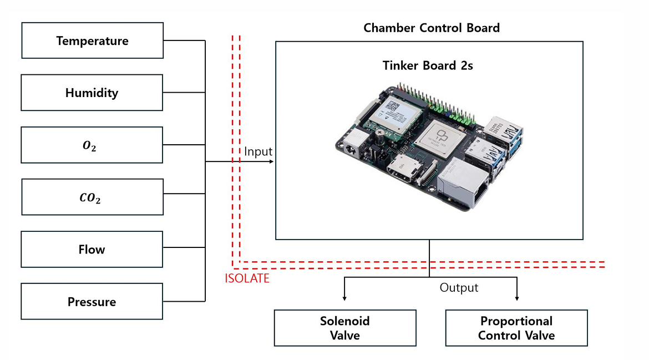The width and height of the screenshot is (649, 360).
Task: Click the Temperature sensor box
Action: (x=93, y=40)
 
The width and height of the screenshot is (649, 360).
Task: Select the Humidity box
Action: (x=92, y=93)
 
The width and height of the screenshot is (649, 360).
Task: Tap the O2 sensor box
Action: (x=92, y=145)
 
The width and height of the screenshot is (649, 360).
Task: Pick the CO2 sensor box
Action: (x=93, y=197)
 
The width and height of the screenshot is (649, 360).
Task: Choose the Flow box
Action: (x=92, y=249)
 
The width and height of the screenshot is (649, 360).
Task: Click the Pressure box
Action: (x=92, y=302)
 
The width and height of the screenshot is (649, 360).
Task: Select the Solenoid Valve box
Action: (x=345, y=328)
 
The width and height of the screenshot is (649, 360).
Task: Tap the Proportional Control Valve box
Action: (x=516, y=328)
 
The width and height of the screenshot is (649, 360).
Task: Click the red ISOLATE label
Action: (x=247, y=278)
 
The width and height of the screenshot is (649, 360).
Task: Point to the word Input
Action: (x=258, y=151)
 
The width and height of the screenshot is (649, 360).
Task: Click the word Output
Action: (x=459, y=288)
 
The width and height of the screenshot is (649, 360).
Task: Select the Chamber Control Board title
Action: (x=432, y=28)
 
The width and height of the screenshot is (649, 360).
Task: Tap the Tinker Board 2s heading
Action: (x=428, y=65)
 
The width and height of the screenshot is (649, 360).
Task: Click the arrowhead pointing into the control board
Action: (x=272, y=161)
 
